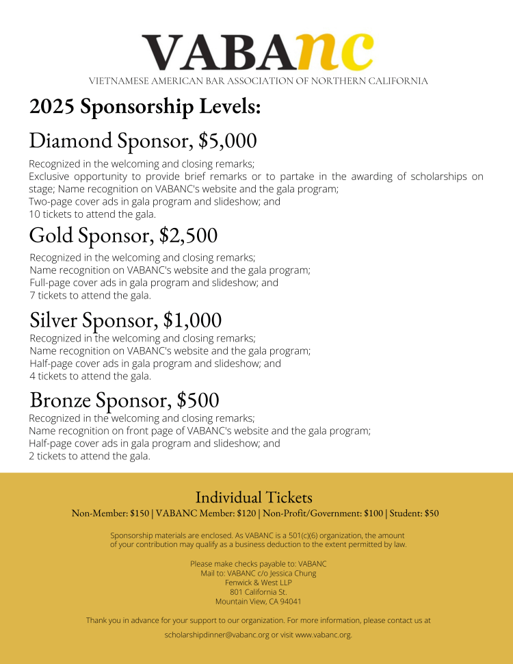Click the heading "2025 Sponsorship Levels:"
(x=145, y=107)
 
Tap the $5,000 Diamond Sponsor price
(x=228, y=141)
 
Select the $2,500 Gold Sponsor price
(x=189, y=235)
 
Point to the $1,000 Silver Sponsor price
(x=193, y=320)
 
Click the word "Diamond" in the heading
(x=70, y=141)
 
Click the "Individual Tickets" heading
(x=254, y=497)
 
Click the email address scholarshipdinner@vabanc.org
(x=217, y=635)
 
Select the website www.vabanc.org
(x=323, y=635)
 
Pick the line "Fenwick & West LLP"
(x=258, y=583)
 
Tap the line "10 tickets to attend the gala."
(x=88, y=214)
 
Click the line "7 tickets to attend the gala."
(x=90, y=296)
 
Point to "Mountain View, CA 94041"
(x=258, y=602)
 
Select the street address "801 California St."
(x=258, y=592)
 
